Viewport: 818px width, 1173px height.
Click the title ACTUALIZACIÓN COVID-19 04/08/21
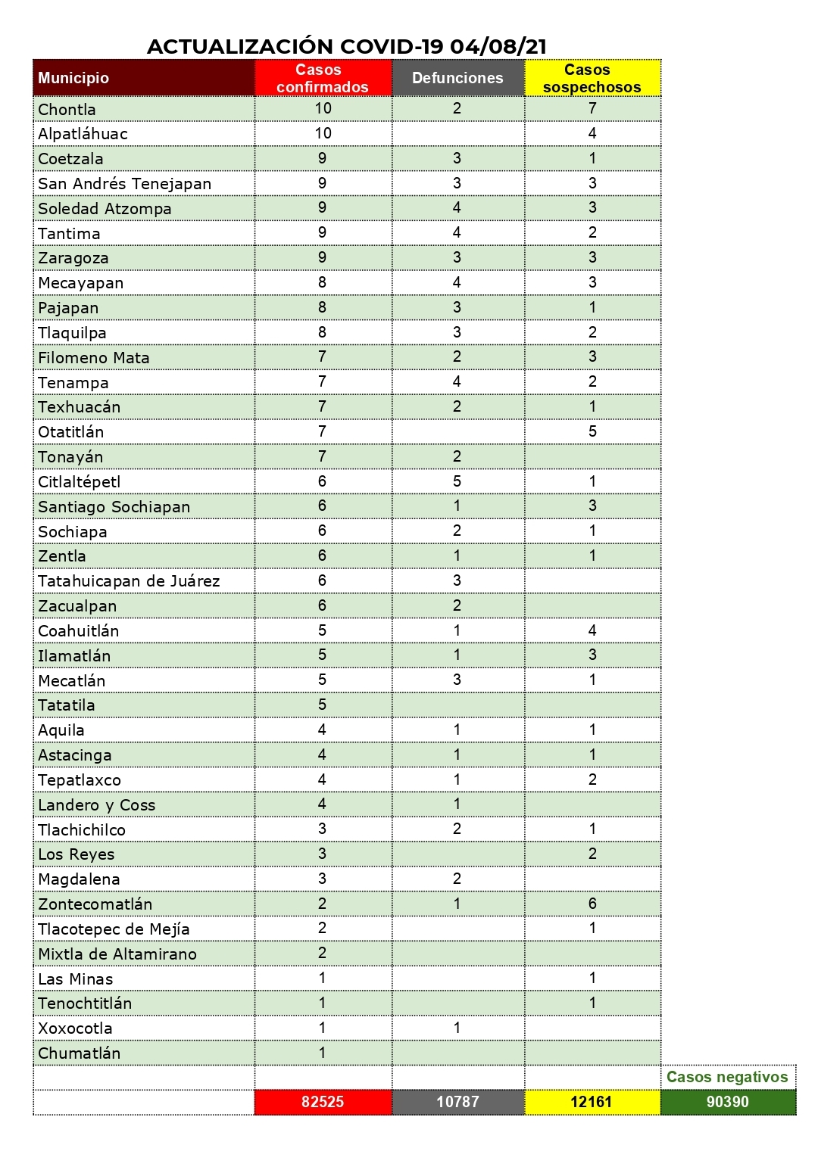coord(347,46)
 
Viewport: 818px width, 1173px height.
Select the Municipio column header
coord(73,78)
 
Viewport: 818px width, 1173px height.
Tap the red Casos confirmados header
coord(323,78)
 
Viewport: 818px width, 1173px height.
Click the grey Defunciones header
coord(457,78)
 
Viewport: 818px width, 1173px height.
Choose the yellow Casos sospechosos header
coord(592,78)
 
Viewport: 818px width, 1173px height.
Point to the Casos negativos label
coord(727,1077)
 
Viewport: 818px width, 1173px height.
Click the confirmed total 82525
coord(323,1102)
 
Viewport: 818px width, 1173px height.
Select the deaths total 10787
coord(457,1102)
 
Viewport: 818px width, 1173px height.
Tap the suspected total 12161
coord(592,1102)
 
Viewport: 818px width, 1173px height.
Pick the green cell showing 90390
coord(727,1102)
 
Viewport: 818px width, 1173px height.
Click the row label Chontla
coord(67,110)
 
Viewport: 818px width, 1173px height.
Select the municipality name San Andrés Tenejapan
coord(125,184)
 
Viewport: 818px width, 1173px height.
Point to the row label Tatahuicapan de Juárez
coord(129,581)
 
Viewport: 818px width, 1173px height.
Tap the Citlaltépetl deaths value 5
coord(457,481)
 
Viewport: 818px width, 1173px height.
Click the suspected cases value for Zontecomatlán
coord(592,904)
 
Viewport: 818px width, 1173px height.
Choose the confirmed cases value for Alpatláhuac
coord(323,133)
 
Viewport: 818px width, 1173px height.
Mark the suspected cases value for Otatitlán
coord(592,431)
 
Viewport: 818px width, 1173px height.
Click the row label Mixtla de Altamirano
coord(117,954)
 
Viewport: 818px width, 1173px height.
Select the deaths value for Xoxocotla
coord(457,1028)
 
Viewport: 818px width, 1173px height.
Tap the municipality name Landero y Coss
coord(97,805)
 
